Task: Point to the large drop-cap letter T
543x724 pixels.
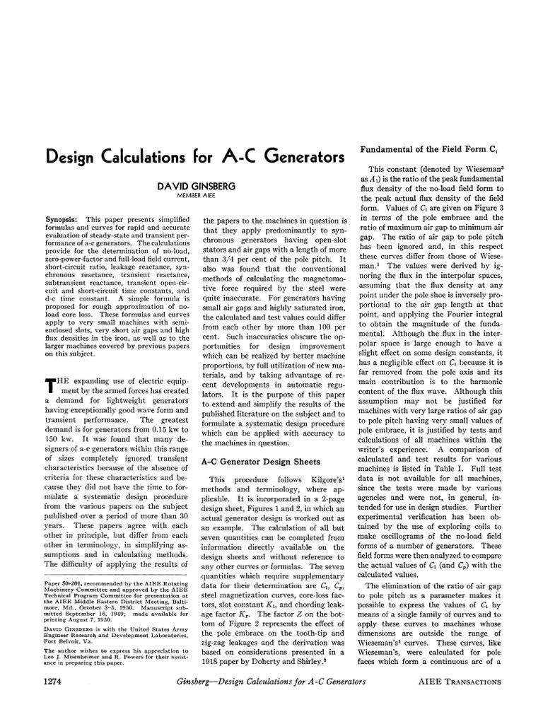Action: tap(49, 387)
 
